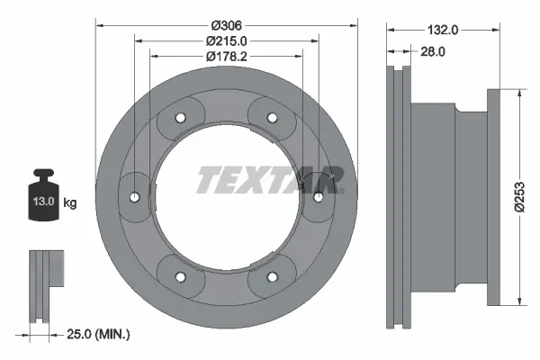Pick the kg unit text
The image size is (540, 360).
[69, 202]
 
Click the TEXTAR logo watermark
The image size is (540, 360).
[270, 179]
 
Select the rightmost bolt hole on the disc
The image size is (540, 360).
[319, 196]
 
